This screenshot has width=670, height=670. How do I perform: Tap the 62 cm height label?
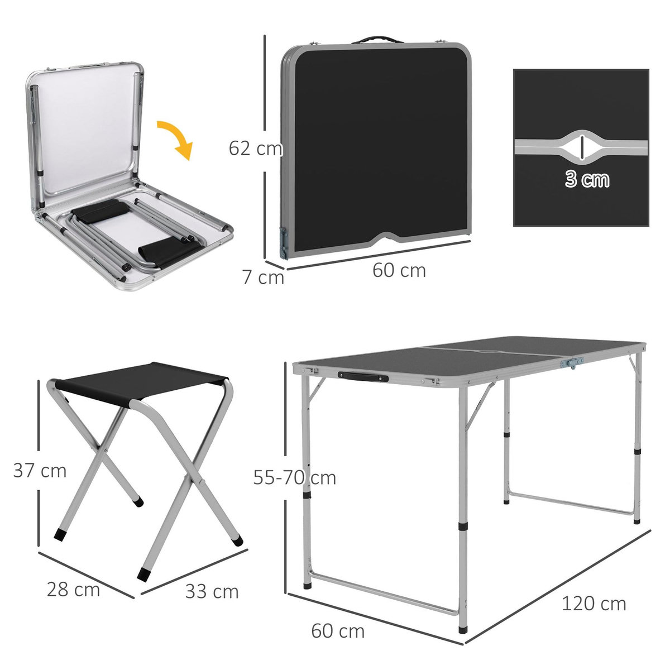(x=256, y=149)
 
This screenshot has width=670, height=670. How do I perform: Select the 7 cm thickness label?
(x=263, y=277)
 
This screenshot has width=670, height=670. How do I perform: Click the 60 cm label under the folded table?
(x=399, y=270)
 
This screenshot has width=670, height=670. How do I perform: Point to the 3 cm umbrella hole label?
(x=586, y=180)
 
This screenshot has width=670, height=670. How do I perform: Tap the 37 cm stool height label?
(x=40, y=471)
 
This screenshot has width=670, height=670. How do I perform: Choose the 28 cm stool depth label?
(x=73, y=589)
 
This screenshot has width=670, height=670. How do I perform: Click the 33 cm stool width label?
(x=212, y=591)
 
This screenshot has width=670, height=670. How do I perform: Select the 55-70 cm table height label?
(x=294, y=478)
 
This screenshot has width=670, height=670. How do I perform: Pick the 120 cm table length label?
(x=594, y=604)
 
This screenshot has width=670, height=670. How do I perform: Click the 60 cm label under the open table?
(x=338, y=631)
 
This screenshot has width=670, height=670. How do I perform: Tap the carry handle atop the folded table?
(x=377, y=40)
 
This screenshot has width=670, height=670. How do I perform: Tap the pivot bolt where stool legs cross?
(x=106, y=450)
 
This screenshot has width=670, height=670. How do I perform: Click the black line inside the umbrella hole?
(x=582, y=147)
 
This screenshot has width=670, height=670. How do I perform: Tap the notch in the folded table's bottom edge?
(x=395, y=239)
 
